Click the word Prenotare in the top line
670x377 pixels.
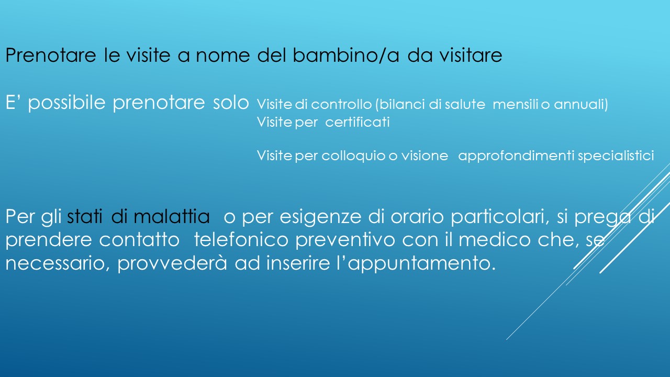click(51, 56)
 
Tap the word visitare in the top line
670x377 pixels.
click(471, 56)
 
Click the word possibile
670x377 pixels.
click(66, 103)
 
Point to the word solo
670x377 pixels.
click(231, 103)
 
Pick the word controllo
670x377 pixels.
click(341, 104)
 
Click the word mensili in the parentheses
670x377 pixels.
click(516, 104)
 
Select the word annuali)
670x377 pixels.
click(581, 104)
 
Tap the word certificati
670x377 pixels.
click(358, 122)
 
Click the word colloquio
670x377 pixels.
click(353, 156)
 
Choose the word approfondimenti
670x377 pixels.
click(516, 156)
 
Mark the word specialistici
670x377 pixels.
click(616, 156)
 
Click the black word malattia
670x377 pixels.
click(171, 217)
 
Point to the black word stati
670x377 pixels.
click(85, 217)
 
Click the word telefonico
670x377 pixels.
click(241, 240)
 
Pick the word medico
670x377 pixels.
click(495, 240)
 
